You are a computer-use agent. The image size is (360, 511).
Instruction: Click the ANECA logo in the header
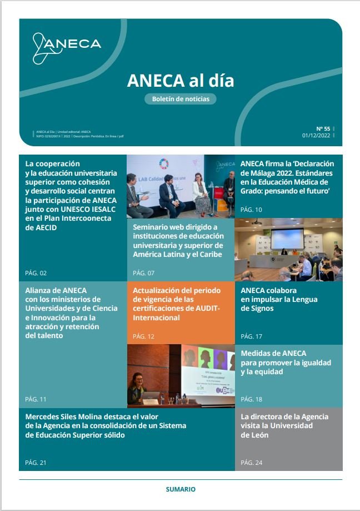[66, 46]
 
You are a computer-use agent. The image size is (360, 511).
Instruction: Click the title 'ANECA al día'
[180, 81]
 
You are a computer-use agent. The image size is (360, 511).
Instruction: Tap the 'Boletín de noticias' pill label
[180, 99]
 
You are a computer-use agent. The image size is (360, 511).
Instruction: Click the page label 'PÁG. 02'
[36, 273]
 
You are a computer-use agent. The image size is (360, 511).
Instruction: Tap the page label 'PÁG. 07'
[144, 273]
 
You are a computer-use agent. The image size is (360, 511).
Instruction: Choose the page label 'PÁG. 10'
[251, 210]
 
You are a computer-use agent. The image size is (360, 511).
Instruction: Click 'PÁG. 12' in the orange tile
[144, 336]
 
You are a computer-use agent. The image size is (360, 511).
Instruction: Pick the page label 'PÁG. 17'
[251, 336]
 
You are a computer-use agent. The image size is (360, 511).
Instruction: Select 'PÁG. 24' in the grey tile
[251, 463]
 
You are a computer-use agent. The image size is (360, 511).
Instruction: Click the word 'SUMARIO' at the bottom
[181, 489]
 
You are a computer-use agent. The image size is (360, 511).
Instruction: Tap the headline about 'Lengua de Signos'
[279, 299]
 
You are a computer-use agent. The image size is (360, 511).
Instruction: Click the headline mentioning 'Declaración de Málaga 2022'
[287, 177]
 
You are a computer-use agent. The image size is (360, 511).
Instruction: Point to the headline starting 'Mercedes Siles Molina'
[106, 425]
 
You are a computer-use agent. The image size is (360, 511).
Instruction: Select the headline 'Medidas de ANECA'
[286, 362]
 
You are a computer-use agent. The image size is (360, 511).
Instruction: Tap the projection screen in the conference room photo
[287, 237]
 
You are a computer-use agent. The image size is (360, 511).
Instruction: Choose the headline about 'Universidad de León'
[284, 425]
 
